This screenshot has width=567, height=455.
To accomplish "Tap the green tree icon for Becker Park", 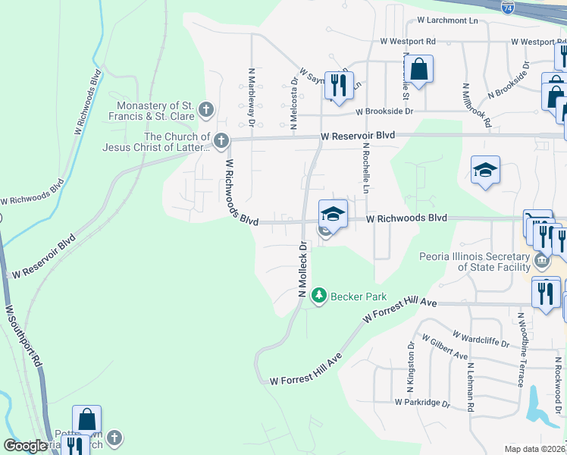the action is point(320,294).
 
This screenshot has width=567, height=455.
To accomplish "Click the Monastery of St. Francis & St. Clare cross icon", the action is point(205,111).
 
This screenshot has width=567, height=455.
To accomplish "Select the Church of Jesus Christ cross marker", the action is point(221,140).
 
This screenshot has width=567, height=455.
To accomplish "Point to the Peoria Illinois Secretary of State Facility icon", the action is point(542,262).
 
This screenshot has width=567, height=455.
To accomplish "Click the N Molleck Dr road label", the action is point(302,269).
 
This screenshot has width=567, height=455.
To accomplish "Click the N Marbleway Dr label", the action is point(250,95).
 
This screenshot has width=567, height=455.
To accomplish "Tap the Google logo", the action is point(25,446).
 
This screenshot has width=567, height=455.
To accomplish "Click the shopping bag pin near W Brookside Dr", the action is point(418,71).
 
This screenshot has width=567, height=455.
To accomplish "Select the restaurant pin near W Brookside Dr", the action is point(339,84).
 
